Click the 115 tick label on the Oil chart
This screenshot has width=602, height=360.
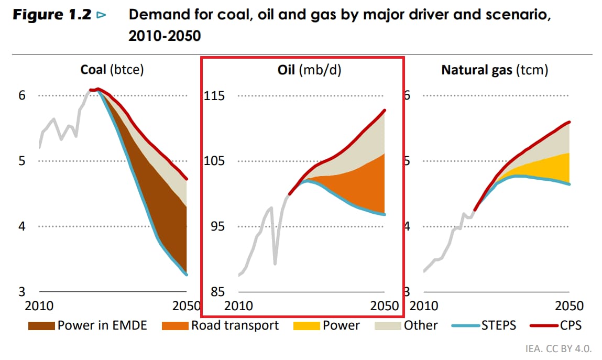(x=215, y=96)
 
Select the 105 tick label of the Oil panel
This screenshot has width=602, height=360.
(x=215, y=161)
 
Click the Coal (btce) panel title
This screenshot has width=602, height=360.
(x=112, y=70)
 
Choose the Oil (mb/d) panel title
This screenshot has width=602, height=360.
(x=309, y=70)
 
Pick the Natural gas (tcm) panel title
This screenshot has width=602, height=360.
(x=495, y=70)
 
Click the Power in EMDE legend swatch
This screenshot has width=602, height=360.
(x=41, y=326)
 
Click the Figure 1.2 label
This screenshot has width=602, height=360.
(x=52, y=15)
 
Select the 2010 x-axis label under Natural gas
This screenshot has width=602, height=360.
(x=424, y=306)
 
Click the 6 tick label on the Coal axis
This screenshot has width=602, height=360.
(x=23, y=96)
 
